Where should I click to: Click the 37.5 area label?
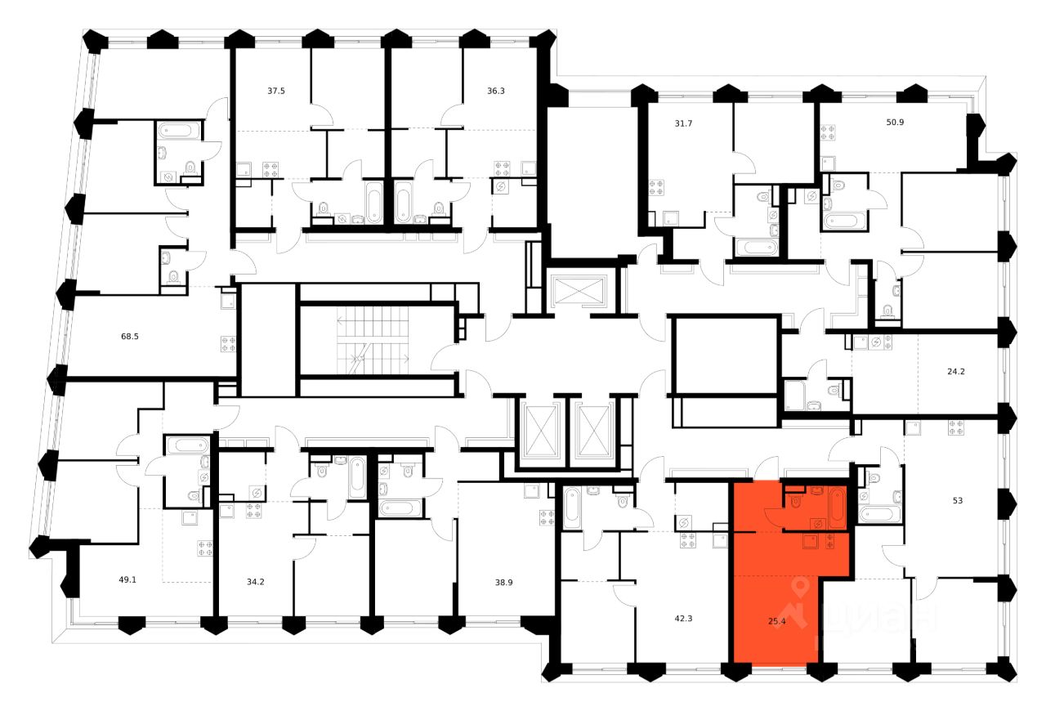(276, 92)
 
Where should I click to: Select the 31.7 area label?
(660, 124)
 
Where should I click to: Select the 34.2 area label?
(256, 582)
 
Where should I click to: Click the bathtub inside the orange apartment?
(838, 504)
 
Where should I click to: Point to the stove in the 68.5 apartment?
(227, 343)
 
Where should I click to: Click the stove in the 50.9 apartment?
(828, 132)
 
